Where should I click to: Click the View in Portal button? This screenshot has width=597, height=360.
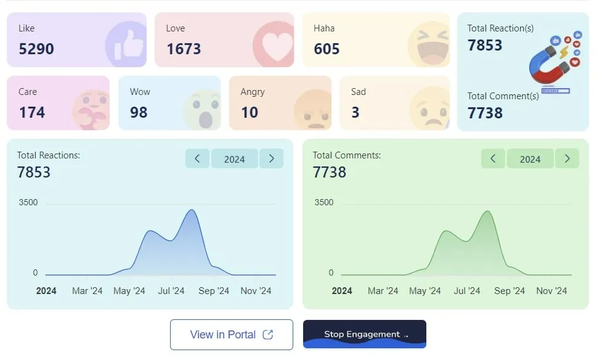point(231,335)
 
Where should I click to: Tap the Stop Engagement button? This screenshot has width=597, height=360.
point(364,334)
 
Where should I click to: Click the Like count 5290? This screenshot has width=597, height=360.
point(36,49)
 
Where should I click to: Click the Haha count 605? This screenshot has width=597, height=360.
point(327,49)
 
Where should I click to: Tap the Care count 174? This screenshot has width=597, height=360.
point(31,112)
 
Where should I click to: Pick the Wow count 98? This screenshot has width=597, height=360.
point(139,112)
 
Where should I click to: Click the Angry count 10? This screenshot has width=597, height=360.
point(250,112)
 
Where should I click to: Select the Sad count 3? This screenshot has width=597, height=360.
point(355,112)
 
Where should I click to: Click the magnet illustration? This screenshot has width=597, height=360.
point(551,62)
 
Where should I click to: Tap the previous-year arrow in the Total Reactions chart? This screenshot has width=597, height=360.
point(197,158)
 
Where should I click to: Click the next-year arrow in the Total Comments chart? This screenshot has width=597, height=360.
point(567,158)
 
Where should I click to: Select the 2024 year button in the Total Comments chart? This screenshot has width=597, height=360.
point(530,159)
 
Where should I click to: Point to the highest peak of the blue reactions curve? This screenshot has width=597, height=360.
point(192,210)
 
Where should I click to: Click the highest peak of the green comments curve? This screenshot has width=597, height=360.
point(488,211)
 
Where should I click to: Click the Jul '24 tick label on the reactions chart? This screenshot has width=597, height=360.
point(171,291)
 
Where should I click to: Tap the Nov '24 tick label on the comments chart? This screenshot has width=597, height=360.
point(551,291)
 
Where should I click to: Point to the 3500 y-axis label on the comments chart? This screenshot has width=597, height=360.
point(323,202)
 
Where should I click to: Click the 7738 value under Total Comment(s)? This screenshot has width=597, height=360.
point(485,113)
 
